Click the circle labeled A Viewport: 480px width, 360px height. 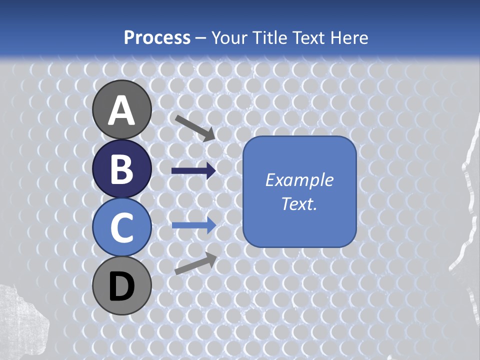(121, 109)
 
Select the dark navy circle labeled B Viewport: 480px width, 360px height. (121, 168)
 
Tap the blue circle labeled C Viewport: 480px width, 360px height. (121, 227)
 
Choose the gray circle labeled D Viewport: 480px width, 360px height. (121, 285)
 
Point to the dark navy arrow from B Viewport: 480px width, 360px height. (193, 171)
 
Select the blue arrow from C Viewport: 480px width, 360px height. (193, 225)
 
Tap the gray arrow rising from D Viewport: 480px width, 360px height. (195, 263)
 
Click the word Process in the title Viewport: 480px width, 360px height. (157, 38)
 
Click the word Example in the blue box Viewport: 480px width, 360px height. (299, 180)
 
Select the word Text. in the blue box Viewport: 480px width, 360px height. (299, 203)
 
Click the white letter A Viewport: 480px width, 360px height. (121, 110)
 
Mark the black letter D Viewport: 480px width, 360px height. (121, 286)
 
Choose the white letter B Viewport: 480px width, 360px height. (121, 169)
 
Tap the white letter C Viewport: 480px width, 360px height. (121, 227)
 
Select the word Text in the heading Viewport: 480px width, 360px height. (307, 38)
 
